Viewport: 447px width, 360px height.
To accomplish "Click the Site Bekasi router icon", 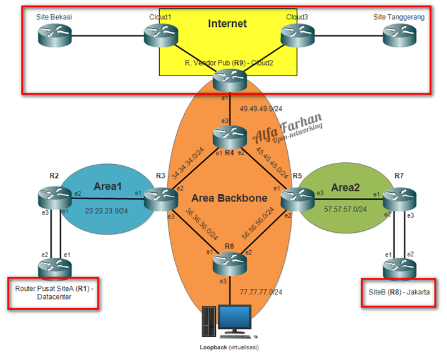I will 54,37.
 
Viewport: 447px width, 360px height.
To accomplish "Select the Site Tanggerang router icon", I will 398,37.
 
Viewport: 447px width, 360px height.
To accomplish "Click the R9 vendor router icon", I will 229,80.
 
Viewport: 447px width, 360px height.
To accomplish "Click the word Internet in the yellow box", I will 227,24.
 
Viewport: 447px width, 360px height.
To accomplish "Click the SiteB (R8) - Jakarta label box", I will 397,292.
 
